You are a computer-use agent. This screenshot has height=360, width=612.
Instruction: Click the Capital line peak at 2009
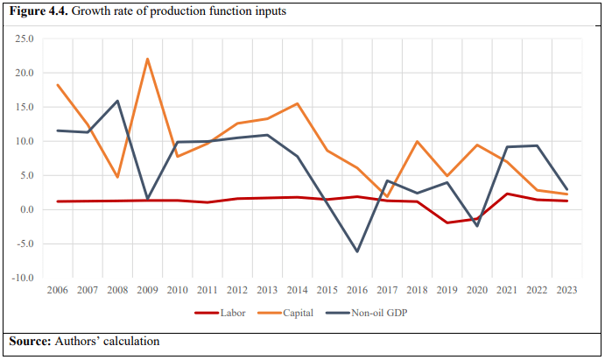coord(148,59)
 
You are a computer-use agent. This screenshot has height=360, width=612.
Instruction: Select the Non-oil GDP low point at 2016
coord(357,251)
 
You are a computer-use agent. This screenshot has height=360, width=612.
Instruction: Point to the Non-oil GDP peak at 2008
coord(118,101)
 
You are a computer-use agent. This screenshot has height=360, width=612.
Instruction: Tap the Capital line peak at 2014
coord(298,103)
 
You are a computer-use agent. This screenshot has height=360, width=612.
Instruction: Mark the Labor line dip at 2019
coord(447,222)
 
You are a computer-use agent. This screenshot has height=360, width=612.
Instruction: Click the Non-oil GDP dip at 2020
coord(477,226)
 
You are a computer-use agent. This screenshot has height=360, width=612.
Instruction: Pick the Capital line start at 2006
coord(58,85)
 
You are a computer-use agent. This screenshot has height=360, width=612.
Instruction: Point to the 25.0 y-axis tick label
coord(24,39)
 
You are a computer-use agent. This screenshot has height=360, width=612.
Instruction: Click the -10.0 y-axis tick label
coord(22,278)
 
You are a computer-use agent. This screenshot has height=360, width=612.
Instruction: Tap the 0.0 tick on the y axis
coord(26,209)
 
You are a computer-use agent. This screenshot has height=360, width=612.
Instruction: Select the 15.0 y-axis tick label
coord(24,108)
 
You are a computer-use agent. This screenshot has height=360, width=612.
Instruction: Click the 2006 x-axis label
coord(58,290)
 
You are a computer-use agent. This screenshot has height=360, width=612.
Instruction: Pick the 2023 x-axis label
coord(566,290)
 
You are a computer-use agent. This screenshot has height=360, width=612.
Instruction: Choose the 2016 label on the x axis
coord(357,290)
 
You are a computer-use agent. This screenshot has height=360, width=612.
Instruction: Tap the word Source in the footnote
coord(29,340)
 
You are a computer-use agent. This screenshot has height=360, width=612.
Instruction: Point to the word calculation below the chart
coord(130,340)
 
